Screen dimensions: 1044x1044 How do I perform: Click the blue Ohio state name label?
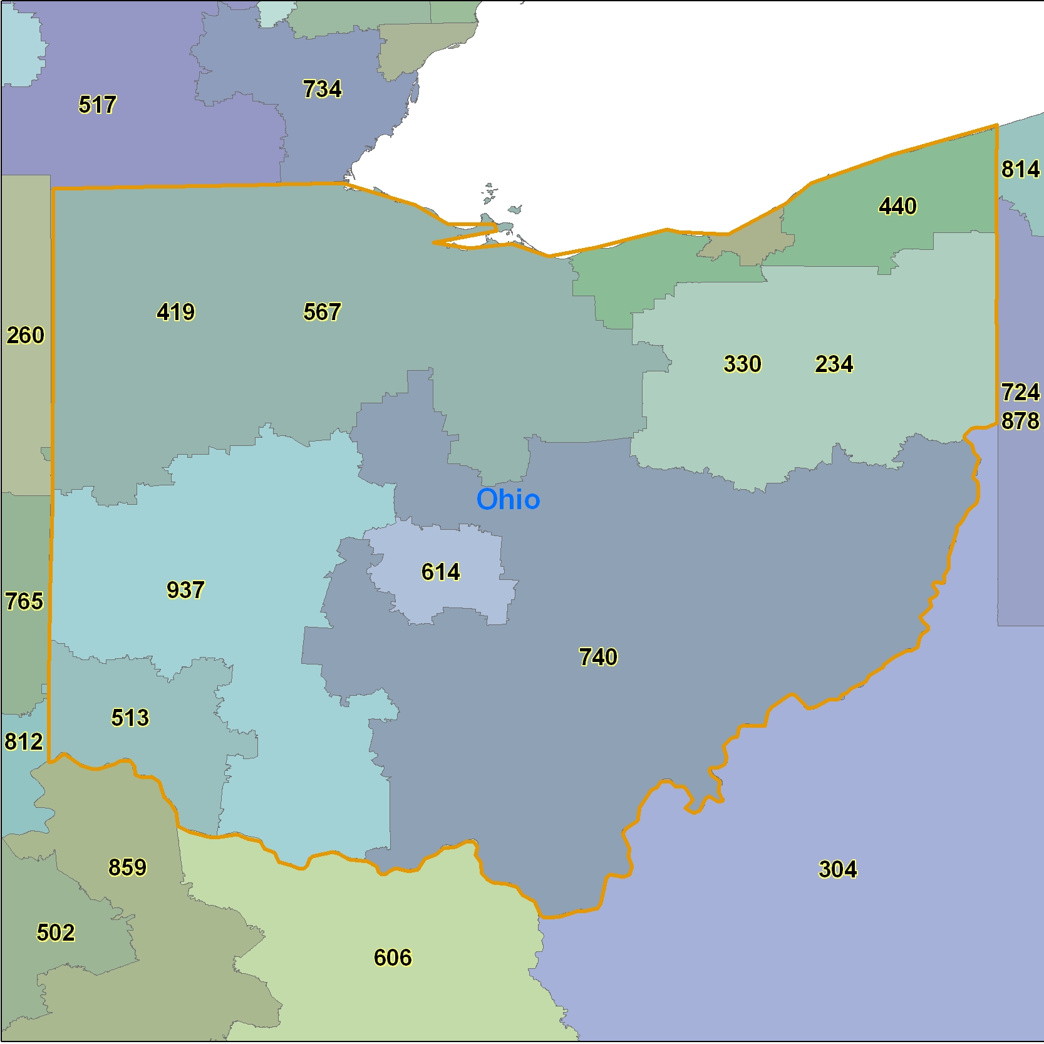(x=508, y=500)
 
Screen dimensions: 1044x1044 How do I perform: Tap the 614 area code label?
(x=440, y=572)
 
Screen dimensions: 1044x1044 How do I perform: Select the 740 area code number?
(x=598, y=657)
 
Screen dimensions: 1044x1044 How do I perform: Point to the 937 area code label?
(x=185, y=590)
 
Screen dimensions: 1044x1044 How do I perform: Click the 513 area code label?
(x=130, y=718)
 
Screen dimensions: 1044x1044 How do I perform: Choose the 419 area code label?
(x=176, y=312)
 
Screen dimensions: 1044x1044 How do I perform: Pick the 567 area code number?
(x=323, y=312)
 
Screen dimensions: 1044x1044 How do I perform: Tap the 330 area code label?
(x=742, y=364)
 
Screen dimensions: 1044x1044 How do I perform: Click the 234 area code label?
(x=834, y=364)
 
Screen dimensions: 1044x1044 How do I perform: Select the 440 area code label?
(x=897, y=206)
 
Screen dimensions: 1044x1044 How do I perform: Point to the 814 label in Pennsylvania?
(x=1020, y=169)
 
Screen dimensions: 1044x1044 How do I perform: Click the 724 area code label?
(x=1020, y=393)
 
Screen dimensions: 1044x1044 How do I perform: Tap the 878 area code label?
(x=1020, y=421)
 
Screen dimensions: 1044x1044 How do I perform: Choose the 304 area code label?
(x=838, y=869)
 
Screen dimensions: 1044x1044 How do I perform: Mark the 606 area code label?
(x=393, y=958)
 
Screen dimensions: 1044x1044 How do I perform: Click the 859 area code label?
(x=127, y=867)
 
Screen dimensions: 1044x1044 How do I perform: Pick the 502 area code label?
(x=56, y=933)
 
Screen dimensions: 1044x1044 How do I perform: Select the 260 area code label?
(x=26, y=336)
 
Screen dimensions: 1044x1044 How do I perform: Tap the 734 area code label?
(x=323, y=89)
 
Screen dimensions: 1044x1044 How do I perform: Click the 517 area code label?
(x=98, y=105)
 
